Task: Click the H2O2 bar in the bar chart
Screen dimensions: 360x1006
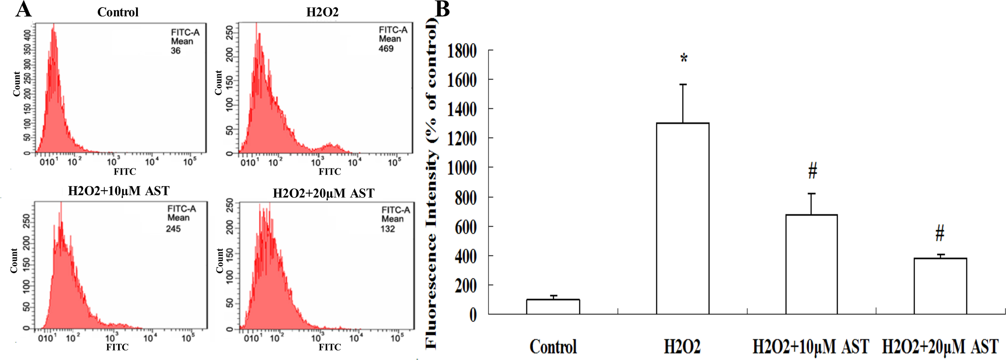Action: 683,219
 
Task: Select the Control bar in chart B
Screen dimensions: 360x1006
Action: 553,307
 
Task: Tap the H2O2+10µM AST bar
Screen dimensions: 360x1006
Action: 812,264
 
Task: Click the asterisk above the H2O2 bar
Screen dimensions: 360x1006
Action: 684,59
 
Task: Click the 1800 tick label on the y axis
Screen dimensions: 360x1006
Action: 462,51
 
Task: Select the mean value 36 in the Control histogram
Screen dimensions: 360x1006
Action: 176,51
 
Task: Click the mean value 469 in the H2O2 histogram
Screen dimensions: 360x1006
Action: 386,49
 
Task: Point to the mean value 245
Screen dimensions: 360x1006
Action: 173,229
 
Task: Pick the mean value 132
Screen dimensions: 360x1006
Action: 388,229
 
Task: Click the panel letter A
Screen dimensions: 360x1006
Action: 24,9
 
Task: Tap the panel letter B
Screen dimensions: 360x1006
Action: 442,9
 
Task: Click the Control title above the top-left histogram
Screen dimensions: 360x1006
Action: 118,12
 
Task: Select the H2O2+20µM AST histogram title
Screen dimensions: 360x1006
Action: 323,193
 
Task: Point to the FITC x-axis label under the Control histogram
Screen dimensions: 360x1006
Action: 125,172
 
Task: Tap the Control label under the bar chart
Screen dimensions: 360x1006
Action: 553,346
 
